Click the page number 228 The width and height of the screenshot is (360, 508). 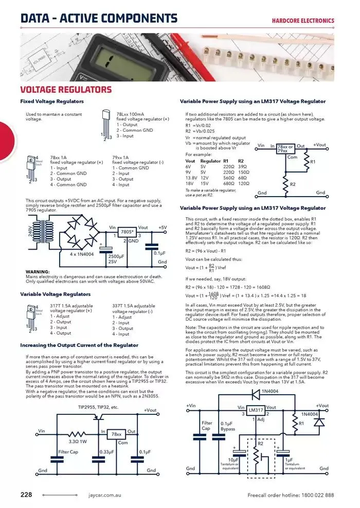(26, 495)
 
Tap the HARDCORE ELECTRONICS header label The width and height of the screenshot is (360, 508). (303, 21)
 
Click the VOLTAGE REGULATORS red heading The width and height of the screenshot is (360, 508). (65, 90)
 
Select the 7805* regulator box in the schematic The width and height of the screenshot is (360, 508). (127, 232)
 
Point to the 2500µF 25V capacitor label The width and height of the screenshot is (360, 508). (116, 258)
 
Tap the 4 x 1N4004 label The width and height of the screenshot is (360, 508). (81, 254)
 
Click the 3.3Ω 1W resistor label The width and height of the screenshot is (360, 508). (77, 441)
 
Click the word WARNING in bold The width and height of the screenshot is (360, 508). (37, 271)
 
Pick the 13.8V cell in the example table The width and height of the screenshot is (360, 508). (191, 178)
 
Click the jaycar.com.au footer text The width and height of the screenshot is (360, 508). (104, 495)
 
